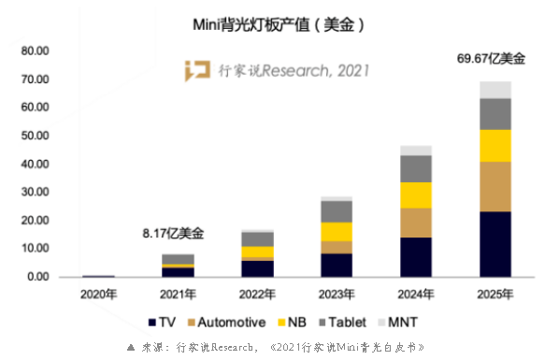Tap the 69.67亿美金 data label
[x=492, y=59]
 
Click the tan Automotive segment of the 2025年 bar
[x=494, y=186]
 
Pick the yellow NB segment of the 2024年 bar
[x=416, y=194]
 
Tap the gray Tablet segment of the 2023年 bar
[x=337, y=211]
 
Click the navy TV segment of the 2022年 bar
[x=258, y=268]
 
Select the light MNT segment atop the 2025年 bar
[x=494, y=90]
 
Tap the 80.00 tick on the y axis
[x=35, y=50]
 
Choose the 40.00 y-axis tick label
[x=35, y=164]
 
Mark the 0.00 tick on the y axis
[x=37, y=277]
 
